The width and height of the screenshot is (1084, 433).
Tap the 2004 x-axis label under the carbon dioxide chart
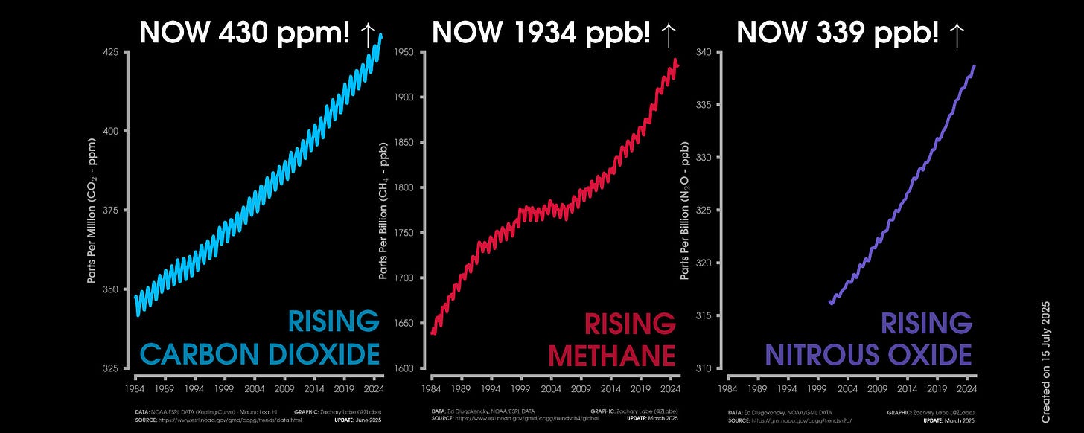click(x=254, y=388)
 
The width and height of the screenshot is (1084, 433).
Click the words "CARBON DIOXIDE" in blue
click(x=260, y=353)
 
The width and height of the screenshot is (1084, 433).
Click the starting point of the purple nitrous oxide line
click(x=830, y=302)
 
